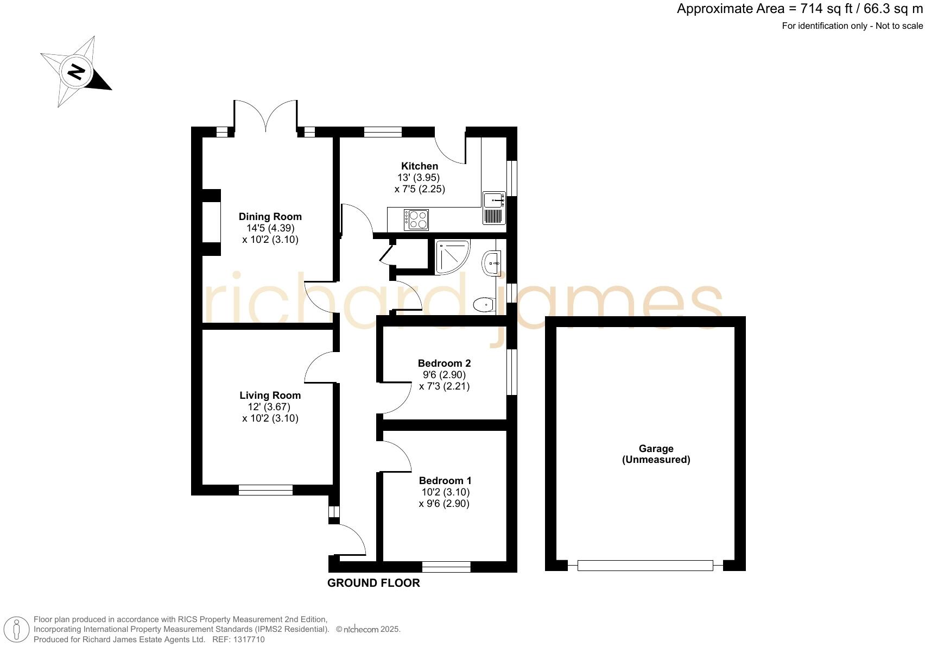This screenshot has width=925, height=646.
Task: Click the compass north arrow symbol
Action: pyautogui.click(x=77, y=72)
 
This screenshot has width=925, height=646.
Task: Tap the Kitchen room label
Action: pyautogui.click(x=420, y=166)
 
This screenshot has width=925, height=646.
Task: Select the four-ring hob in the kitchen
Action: pyautogui.click(x=416, y=220)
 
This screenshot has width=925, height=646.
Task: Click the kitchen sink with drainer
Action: pyautogui.click(x=494, y=208)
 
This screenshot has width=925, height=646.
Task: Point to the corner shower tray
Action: pyautogui.click(x=450, y=256)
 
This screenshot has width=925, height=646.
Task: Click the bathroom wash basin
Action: pyautogui.click(x=491, y=264)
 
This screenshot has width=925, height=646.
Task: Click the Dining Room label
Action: pyautogui.click(x=270, y=217)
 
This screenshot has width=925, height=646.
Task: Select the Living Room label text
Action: pyautogui.click(x=270, y=396)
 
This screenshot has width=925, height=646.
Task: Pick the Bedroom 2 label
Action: pyautogui.click(x=444, y=363)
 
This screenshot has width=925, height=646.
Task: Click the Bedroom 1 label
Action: pyautogui.click(x=445, y=481)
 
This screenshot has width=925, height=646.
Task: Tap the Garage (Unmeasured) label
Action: pyautogui.click(x=656, y=454)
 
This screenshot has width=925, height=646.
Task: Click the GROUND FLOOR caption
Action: pyautogui.click(x=373, y=584)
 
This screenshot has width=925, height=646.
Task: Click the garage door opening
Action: pyautogui.click(x=645, y=566)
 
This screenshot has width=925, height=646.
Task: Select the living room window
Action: pyautogui.click(x=265, y=490)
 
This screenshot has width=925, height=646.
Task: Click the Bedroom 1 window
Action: pyautogui.click(x=446, y=567)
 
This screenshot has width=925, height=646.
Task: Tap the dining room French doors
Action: pyautogui.click(x=265, y=117)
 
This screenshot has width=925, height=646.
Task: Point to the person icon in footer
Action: pyautogui.click(x=17, y=630)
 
